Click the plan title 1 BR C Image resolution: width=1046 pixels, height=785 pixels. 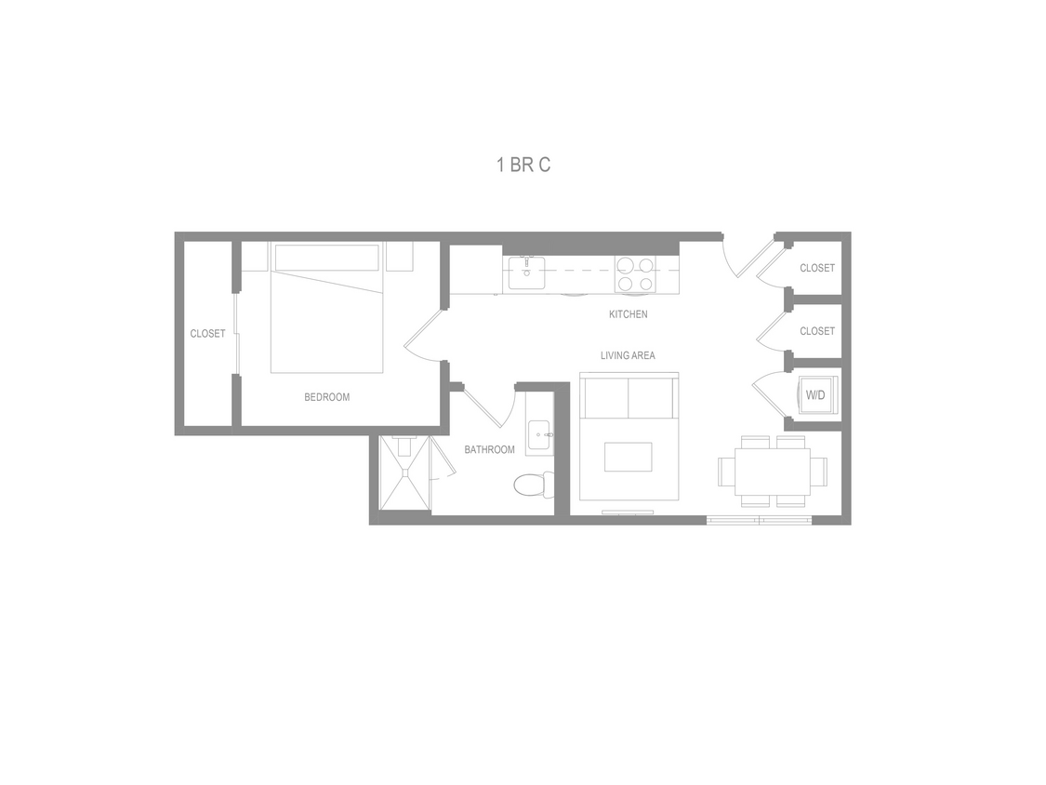(x=523, y=166)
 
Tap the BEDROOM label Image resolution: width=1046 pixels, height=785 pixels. (x=327, y=397)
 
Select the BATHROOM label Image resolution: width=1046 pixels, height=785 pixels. (x=489, y=450)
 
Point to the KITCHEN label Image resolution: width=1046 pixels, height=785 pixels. (x=628, y=314)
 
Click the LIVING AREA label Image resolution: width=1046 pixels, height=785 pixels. (x=628, y=355)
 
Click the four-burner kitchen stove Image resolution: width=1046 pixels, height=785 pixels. (x=635, y=274)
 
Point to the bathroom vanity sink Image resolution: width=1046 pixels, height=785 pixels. (x=539, y=433)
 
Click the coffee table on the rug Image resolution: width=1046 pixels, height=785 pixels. (x=628, y=457)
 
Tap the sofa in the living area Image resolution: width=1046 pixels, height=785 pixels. (x=629, y=397)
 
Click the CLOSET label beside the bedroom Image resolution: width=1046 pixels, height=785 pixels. (x=207, y=334)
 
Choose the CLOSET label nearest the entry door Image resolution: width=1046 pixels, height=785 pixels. (x=817, y=268)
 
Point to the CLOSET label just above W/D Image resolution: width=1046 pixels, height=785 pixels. (x=817, y=331)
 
